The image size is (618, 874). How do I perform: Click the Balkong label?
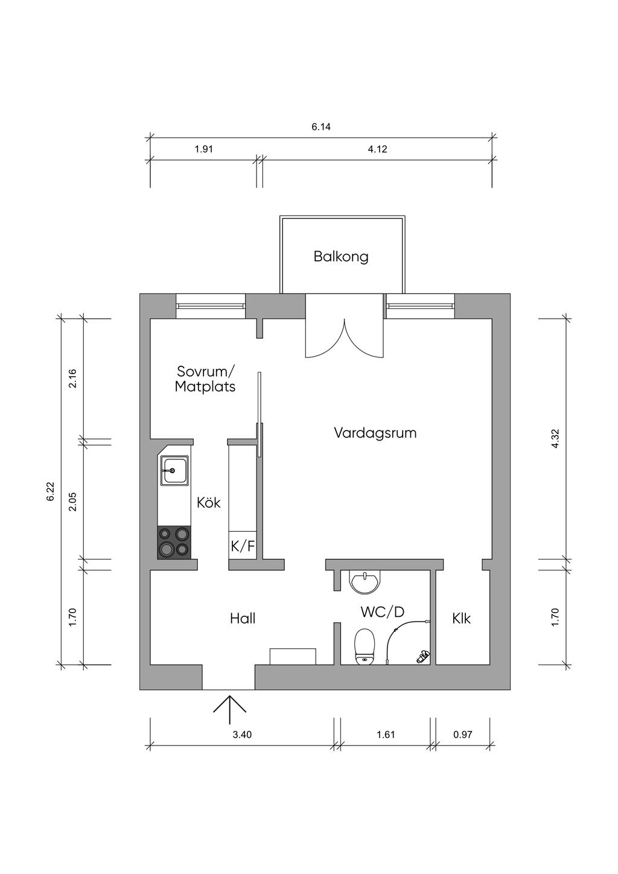click(341, 257)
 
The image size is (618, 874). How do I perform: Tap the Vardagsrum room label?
click(375, 433)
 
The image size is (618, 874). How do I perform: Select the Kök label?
click(209, 502)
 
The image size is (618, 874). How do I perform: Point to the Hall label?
click(243, 618)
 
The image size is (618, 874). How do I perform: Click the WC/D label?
click(382, 612)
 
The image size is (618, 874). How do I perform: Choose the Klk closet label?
click(461, 618)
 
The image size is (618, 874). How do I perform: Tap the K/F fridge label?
click(243, 546)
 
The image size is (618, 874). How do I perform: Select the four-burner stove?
click(174, 541)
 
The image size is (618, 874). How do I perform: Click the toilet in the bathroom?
click(364, 646)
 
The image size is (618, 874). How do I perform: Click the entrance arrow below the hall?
click(230, 709)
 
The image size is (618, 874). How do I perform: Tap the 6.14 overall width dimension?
click(321, 127)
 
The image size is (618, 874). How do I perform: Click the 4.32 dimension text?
click(556, 438)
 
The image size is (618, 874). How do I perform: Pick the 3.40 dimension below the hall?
click(241, 735)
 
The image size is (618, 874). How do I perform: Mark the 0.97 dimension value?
click(462, 735)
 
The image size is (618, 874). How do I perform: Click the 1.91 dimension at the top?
click(205, 149)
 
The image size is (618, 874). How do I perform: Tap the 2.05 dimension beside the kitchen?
click(72, 502)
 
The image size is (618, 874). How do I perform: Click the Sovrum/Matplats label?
click(205, 378)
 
